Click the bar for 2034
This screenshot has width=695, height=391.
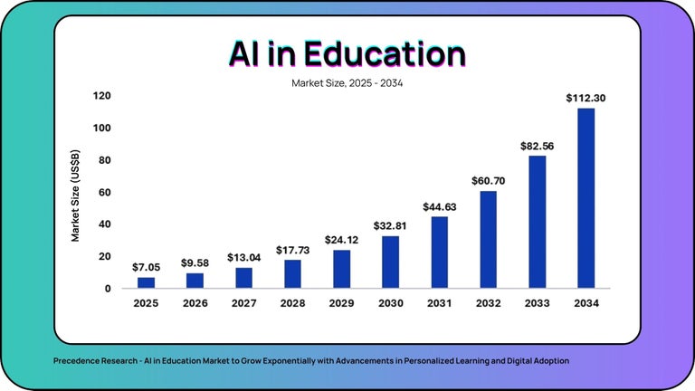click(586, 198)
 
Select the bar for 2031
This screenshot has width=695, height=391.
click(439, 253)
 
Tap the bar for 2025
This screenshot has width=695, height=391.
click(147, 282)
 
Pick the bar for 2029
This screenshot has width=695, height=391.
click(341, 269)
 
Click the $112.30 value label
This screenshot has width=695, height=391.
click(586, 98)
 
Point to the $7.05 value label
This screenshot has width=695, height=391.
click(147, 267)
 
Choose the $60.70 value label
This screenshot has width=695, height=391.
click(488, 181)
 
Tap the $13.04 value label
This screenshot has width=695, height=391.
click(243, 257)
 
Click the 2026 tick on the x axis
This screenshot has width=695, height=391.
click(195, 304)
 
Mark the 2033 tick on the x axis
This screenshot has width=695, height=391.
click(537, 304)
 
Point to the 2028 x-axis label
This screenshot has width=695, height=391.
click(292, 304)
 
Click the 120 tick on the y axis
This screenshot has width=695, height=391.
click(101, 96)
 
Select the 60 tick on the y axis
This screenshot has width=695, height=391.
click(105, 192)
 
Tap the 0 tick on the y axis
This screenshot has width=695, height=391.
click(108, 289)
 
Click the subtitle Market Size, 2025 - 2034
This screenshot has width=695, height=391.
click(347, 83)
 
